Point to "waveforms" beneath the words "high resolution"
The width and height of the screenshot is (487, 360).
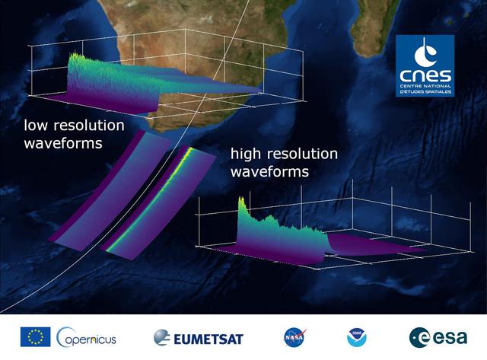click(x=269, y=172)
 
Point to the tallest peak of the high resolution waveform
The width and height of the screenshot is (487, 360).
click(x=242, y=200)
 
